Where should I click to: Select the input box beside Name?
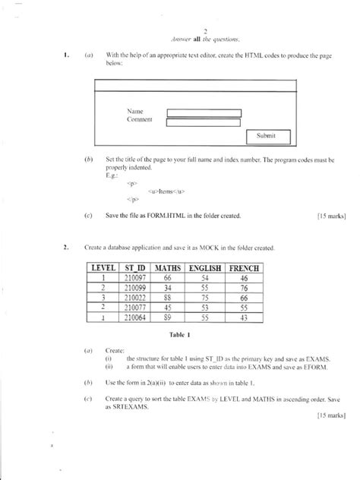[x=203, y=113]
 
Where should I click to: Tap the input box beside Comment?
[x=203, y=123]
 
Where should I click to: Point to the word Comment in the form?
[x=141, y=120]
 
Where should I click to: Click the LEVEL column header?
[x=102, y=269]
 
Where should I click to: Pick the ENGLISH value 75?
[x=204, y=298]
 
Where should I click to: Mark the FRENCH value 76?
[x=244, y=289]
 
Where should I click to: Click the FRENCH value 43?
[x=244, y=317]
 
